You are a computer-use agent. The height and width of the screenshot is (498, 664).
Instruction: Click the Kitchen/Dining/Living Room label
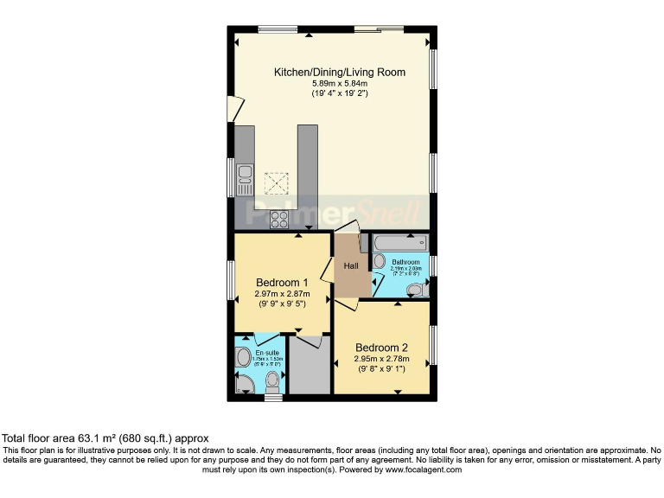pos(339,72)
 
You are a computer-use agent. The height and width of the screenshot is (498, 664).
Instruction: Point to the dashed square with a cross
pos(277,183)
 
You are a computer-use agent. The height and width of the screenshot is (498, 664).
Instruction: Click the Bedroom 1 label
pos(282,283)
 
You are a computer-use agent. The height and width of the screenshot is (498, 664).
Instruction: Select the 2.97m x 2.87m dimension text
pos(282,294)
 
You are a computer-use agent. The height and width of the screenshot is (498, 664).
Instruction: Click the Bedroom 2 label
pos(381,348)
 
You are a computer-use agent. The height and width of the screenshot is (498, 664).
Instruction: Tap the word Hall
pos(351,265)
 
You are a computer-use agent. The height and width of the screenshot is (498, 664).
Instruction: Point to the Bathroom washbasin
pos(380,261)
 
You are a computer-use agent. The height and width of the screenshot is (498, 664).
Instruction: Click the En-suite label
pos(266,353)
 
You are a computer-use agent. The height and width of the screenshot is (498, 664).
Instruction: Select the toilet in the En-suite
pos(273,380)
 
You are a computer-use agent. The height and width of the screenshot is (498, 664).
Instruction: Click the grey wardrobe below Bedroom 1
pos(309,367)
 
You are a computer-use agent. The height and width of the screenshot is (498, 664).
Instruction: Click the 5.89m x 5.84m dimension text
pos(339,83)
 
